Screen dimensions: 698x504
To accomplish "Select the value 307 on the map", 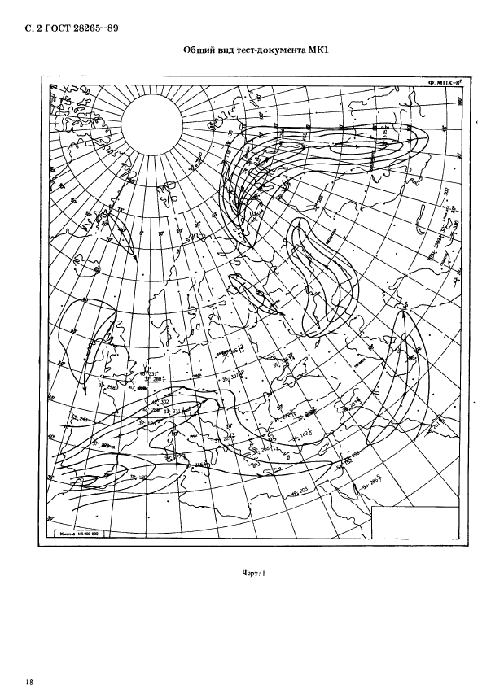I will [235, 377].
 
